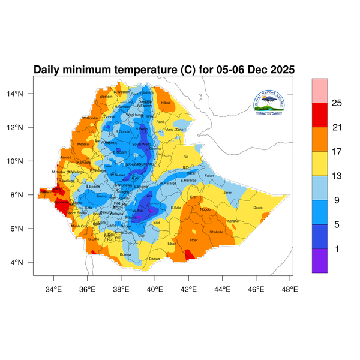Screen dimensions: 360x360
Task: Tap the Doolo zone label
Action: coord(258,208)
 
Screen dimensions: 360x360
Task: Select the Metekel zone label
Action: coord(83,144)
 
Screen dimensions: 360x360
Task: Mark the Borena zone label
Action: coord(126,254)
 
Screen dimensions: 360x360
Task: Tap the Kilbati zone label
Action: coord(166,104)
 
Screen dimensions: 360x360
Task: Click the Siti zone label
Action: coord(185,157)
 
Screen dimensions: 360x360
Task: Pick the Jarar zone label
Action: coord(227,193)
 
